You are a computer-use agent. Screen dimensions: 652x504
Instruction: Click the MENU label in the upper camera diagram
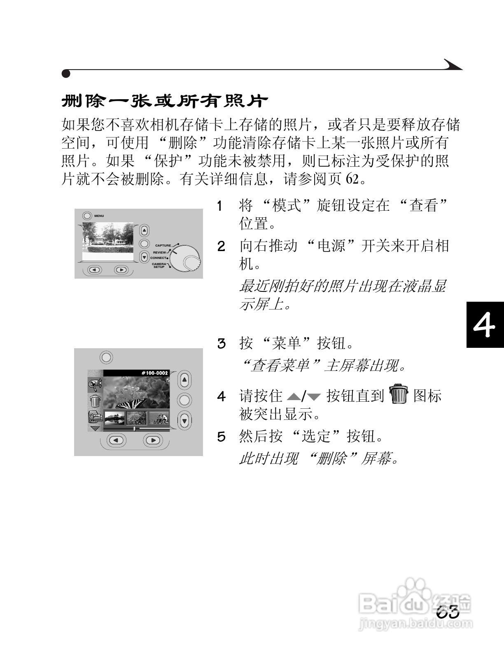[x=99, y=216]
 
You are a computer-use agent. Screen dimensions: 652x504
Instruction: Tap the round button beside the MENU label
[x=87, y=215]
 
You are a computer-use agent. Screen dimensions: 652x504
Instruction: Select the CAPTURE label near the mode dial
[x=163, y=245]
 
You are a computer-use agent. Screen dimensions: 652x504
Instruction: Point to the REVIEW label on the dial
[x=159, y=252]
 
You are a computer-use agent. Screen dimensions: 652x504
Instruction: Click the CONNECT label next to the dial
[x=159, y=258]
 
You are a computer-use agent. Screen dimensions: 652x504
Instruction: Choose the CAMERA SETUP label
[x=159, y=265]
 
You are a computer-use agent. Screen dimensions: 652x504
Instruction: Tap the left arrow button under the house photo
[x=95, y=270]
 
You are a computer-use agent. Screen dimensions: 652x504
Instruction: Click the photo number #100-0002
[x=154, y=373]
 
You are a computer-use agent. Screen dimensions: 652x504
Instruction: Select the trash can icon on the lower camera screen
[x=95, y=400]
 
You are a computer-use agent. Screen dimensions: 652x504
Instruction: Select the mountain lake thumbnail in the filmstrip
[x=114, y=419]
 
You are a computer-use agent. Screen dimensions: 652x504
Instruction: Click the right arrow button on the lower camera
[x=153, y=440]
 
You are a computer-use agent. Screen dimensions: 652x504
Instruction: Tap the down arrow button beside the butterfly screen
[x=184, y=420]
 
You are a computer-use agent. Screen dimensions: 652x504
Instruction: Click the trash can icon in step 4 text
[x=398, y=394]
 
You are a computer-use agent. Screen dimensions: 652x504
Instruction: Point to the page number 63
[x=448, y=612]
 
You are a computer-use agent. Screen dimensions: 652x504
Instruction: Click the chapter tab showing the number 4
[x=485, y=325]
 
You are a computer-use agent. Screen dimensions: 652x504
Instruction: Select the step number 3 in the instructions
[x=222, y=343]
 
